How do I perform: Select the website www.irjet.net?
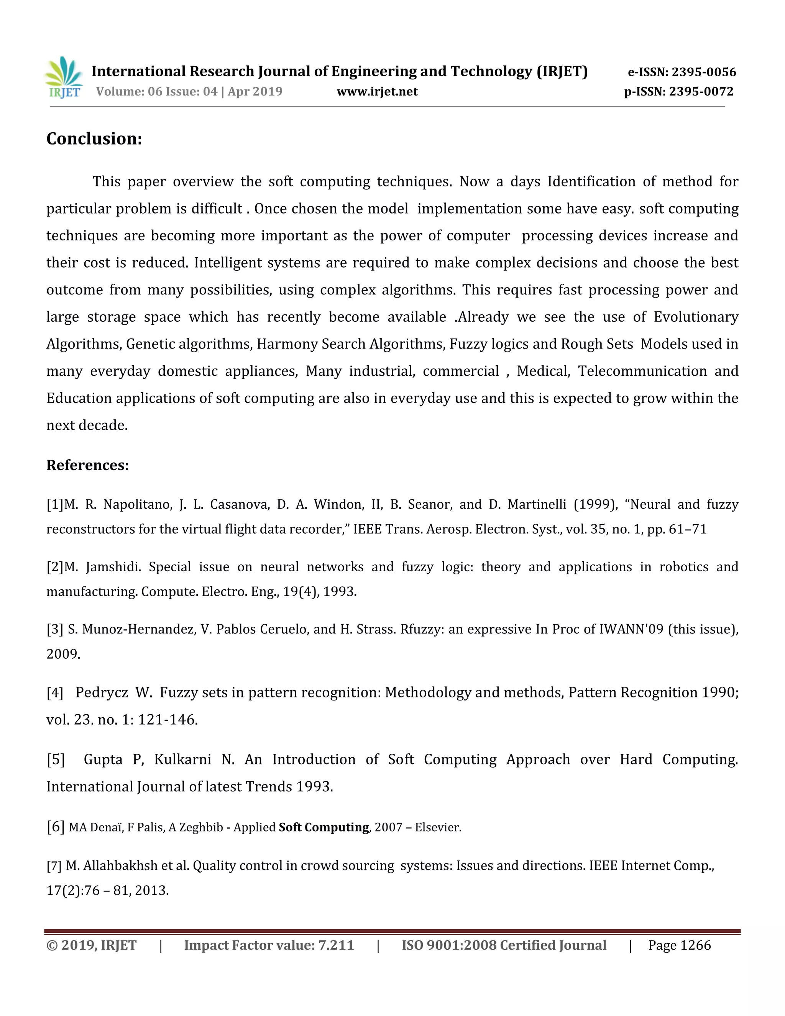pos(377,92)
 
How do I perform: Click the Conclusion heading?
pos(94,139)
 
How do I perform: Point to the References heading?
pos(87,465)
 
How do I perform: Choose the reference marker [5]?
pos(56,759)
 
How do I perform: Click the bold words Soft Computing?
pos(324,827)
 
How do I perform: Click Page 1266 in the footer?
pos(680,945)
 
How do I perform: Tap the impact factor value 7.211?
pos(336,945)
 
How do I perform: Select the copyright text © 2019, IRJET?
pos(92,945)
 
